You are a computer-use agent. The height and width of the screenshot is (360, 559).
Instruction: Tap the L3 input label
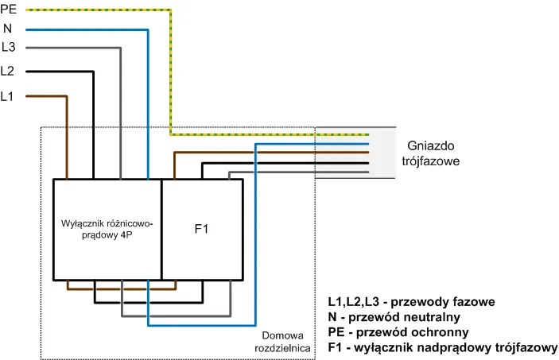tap(8, 48)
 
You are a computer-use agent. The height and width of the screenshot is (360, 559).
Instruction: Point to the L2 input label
tap(8, 71)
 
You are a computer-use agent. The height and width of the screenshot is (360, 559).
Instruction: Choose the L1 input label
tap(8, 96)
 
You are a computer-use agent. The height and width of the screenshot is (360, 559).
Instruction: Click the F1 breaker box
tap(202, 229)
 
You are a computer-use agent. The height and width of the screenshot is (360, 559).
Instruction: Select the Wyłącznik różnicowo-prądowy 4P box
tap(107, 229)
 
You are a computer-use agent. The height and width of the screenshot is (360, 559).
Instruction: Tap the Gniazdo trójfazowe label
tap(434, 153)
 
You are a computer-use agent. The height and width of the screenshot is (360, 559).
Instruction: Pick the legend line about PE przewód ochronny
tap(398, 331)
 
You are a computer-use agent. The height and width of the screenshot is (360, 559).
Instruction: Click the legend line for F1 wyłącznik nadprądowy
tap(442, 347)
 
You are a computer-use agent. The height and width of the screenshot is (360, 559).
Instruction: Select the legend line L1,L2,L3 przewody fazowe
tap(412, 301)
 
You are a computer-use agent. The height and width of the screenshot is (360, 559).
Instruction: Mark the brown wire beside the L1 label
tap(44, 96)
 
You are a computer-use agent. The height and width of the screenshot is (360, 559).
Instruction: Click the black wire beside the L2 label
tap(56, 72)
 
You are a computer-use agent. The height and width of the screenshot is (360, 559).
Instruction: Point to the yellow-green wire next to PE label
tap(95, 10)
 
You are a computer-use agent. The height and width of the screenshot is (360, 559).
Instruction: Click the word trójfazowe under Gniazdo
tap(434, 161)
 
